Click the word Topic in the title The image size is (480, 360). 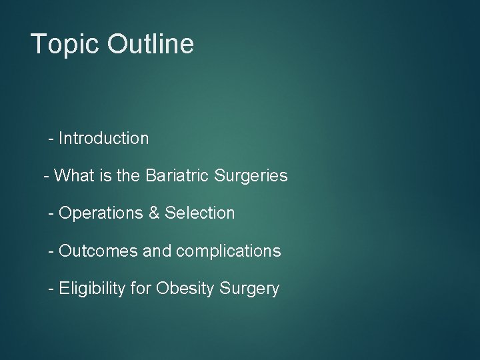coord(63,44)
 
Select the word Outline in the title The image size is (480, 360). coord(150,44)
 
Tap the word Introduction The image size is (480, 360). coord(103,139)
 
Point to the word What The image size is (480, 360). coord(75,176)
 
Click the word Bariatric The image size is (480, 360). coord(177,176)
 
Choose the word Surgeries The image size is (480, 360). coord(251,176)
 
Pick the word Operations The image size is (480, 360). coord(101,213)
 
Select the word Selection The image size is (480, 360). coord(200,213)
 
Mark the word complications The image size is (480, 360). coord(227,251)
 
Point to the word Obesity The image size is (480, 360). coord(182,289)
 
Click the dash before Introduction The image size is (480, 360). coord(51,139)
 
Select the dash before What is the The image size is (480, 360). coord(46,177)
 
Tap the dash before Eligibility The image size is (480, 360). coord(51,289)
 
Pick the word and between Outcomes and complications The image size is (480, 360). coord(157,251)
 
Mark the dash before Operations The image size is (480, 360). coord(51,214)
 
